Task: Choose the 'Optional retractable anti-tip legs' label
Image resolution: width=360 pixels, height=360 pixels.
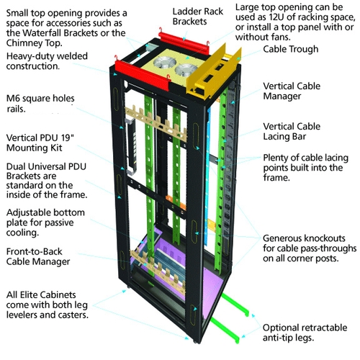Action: (306, 333)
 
